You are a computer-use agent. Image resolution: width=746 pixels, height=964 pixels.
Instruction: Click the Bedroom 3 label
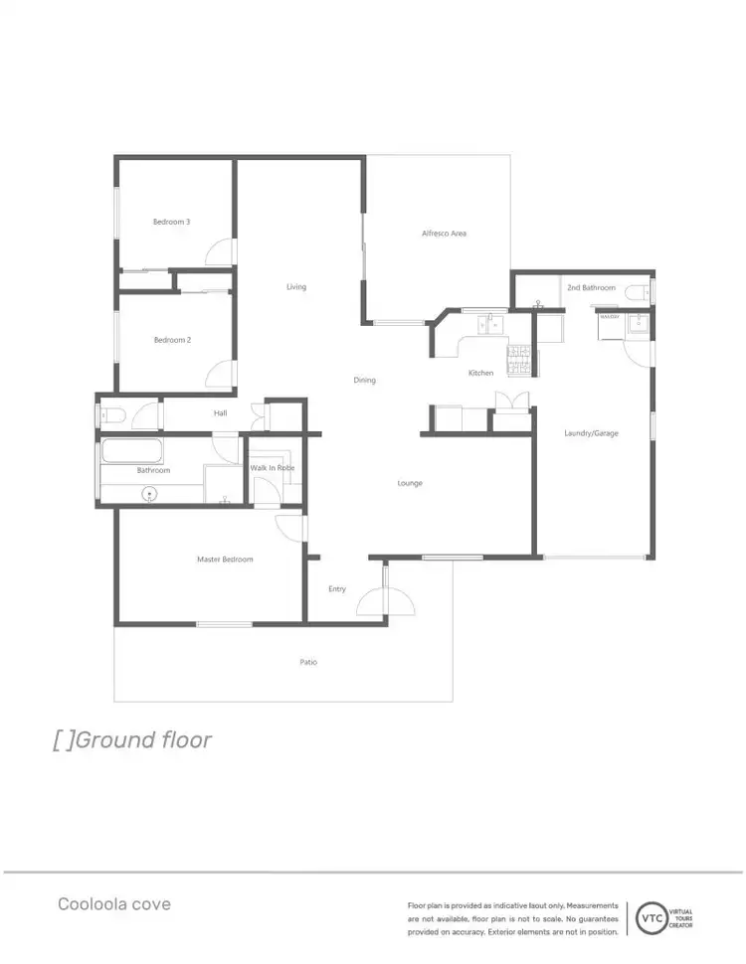pos(171,222)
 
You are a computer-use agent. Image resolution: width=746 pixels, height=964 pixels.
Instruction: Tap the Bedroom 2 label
pos(172,340)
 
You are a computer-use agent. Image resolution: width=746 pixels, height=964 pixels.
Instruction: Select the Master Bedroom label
pos(225,560)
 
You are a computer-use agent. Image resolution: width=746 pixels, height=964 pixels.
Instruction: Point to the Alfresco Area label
pos(444,234)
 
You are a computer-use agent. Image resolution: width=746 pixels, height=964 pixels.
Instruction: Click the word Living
pos(296,287)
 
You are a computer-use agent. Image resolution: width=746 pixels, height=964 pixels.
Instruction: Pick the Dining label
pos(364,381)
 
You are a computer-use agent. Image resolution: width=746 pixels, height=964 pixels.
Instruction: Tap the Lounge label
pos(410,483)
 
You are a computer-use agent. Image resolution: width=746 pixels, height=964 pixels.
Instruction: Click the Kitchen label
pos(481,373)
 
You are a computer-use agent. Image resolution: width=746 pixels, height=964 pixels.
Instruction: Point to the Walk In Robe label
pos(272,468)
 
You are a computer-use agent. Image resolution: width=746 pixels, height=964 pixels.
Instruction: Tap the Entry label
pos(337,589)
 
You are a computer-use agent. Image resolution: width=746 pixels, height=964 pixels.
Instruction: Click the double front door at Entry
pos(384,600)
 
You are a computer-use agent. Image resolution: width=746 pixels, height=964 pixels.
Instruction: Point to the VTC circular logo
pos(652,916)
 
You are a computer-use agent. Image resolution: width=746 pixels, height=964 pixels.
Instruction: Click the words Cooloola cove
pos(113,904)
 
